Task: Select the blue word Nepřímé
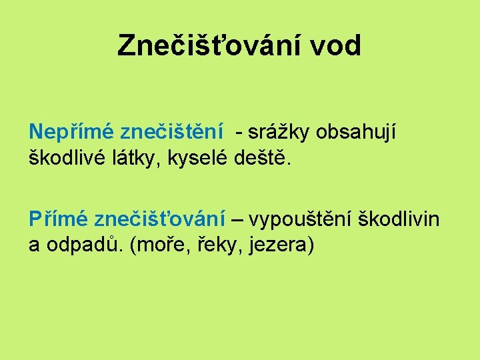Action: (71, 133)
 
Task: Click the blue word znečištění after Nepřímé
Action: (172, 133)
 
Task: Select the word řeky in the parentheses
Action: (220, 245)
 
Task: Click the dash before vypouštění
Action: (237, 219)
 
